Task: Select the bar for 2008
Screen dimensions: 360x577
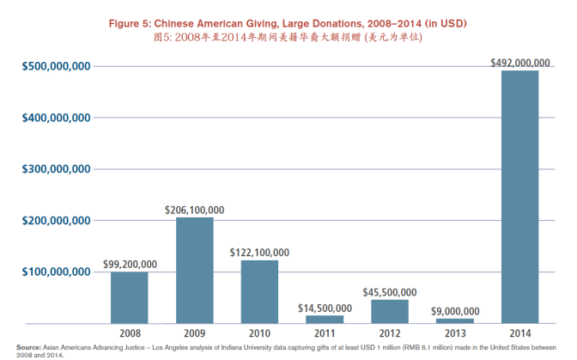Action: (x=129, y=297)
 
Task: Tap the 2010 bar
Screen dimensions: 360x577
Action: (x=258, y=291)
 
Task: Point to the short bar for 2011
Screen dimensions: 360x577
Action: (x=325, y=319)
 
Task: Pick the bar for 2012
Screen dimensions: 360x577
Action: (x=389, y=311)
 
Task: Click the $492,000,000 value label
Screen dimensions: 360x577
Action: (x=519, y=62)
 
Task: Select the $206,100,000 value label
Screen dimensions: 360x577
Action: (x=194, y=210)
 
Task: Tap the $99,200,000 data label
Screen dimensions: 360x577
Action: (x=130, y=264)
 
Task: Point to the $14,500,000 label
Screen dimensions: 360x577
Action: (x=325, y=308)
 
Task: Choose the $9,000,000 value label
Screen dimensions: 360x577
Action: (x=454, y=311)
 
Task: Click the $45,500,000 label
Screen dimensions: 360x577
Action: (x=389, y=292)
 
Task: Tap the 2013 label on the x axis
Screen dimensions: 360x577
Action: (x=454, y=332)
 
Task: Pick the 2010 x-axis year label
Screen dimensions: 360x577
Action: (x=258, y=332)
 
